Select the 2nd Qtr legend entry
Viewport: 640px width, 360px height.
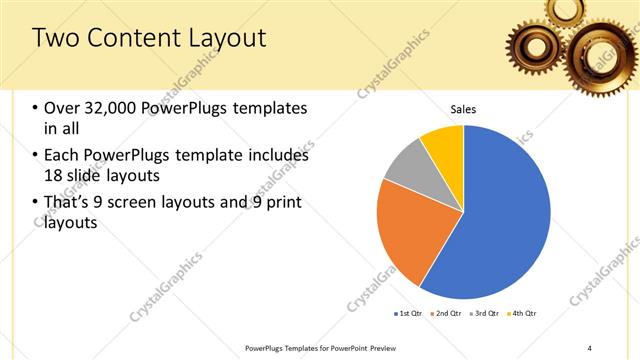[446, 314]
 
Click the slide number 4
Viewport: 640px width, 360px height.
[589, 348]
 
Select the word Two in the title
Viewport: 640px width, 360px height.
[54, 39]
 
